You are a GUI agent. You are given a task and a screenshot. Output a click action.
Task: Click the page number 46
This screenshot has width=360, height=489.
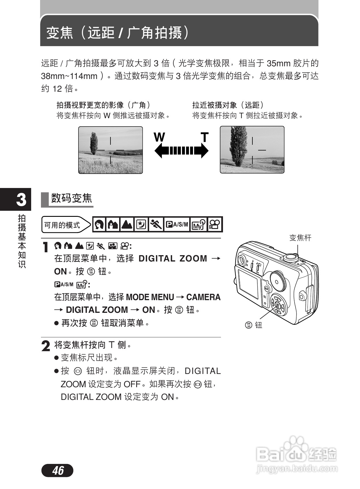point(57,470)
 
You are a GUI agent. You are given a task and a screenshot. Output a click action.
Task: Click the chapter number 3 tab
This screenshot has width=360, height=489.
point(21,200)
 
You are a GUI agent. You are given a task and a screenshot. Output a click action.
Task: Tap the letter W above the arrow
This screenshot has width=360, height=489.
point(159,137)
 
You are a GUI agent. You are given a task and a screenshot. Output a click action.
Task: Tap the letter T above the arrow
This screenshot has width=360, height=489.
point(205,137)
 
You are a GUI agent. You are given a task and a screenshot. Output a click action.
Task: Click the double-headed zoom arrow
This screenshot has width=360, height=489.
point(181,151)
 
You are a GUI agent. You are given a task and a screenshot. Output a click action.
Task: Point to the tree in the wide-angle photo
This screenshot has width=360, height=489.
point(93,143)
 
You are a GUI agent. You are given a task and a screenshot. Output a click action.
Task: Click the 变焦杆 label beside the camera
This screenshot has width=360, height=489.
point(300,238)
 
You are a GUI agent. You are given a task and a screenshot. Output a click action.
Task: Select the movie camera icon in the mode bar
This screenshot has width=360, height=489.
point(215,224)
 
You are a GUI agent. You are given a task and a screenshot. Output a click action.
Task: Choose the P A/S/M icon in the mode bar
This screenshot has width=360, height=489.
point(177,224)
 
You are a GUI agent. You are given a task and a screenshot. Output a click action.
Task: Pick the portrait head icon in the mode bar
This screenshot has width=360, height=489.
point(99,224)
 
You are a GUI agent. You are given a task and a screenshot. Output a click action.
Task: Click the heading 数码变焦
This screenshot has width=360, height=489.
point(71,198)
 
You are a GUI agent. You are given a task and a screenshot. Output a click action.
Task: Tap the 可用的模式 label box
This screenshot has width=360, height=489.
point(62,225)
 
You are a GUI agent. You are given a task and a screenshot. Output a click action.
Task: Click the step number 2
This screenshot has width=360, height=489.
point(46,346)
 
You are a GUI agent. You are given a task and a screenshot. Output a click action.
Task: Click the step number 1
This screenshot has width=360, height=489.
point(46,247)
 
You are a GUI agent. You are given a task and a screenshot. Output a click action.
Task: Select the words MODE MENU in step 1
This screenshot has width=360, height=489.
point(150,297)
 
